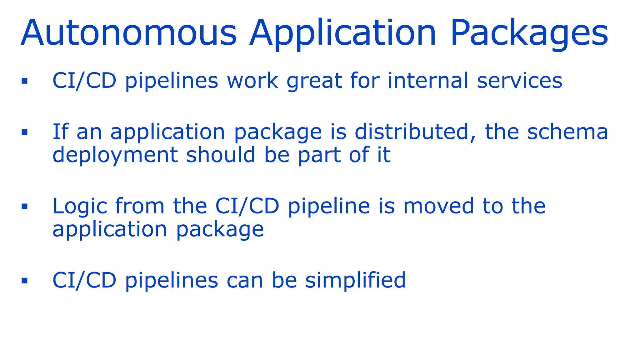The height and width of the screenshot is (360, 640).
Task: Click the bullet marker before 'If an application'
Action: pos(25,132)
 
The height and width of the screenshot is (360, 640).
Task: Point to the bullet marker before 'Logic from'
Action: pos(25,206)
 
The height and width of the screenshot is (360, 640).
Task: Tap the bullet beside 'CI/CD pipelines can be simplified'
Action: pos(25,280)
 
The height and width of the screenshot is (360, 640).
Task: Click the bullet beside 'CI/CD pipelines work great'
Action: pos(25,81)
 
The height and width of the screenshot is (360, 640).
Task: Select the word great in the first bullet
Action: pos(314,81)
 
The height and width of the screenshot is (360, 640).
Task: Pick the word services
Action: pos(519,81)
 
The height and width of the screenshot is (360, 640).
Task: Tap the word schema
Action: pos(568,132)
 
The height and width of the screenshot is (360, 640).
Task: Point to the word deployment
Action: pos(115,155)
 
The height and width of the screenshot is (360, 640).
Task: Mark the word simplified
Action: pos(355,280)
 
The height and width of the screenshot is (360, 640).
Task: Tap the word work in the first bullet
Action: pos(252,81)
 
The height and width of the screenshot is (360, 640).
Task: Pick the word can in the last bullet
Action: pos(245,280)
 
